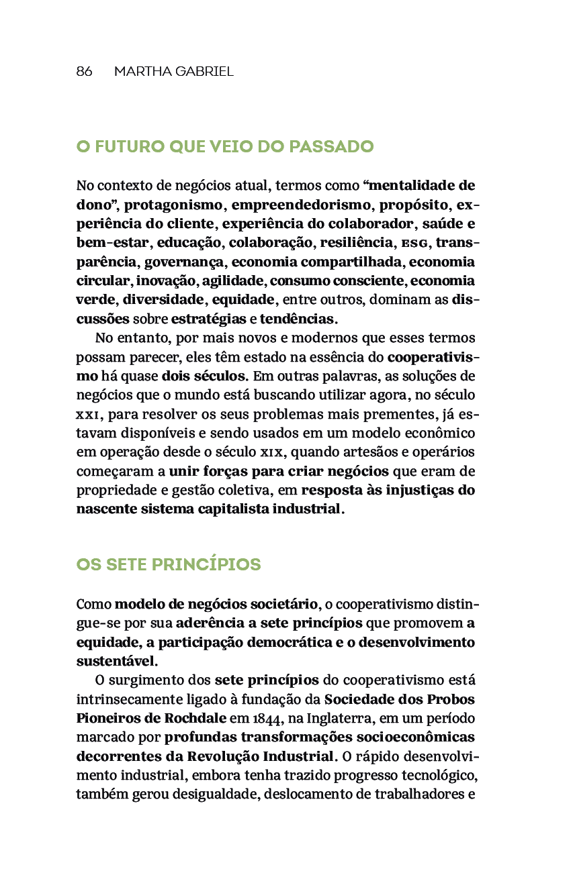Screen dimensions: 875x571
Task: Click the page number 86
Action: pos(84,71)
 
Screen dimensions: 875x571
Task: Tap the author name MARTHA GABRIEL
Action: pos(174,71)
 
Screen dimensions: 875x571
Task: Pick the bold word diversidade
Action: pos(162,299)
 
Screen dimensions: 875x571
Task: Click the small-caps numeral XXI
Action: pos(88,413)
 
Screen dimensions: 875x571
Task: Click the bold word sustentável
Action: pos(116,661)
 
